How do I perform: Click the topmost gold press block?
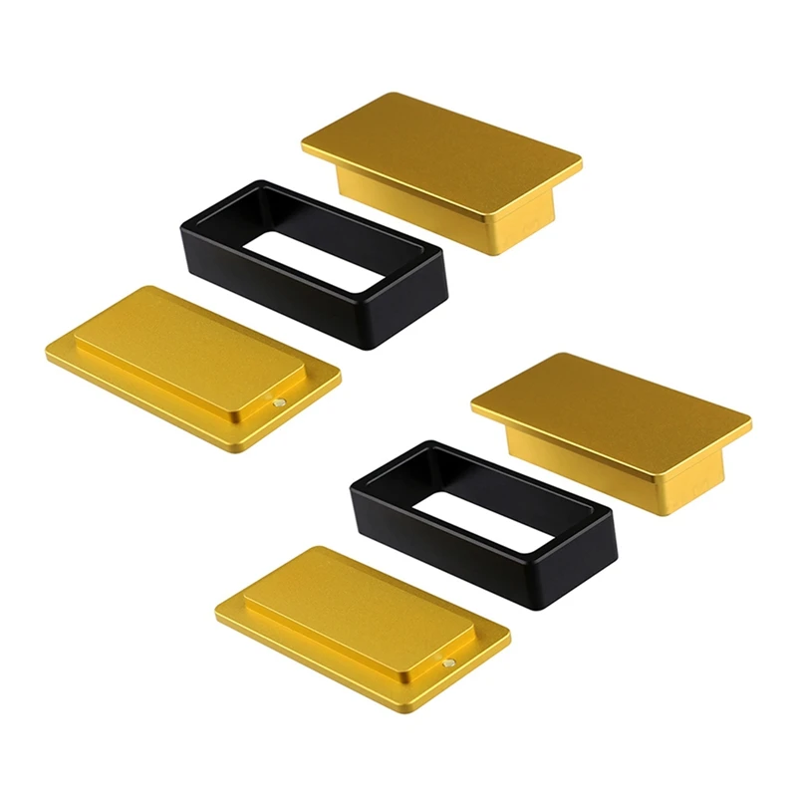pyautogui.click(x=441, y=159)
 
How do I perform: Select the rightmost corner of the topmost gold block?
pyautogui.click(x=580, y=162)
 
